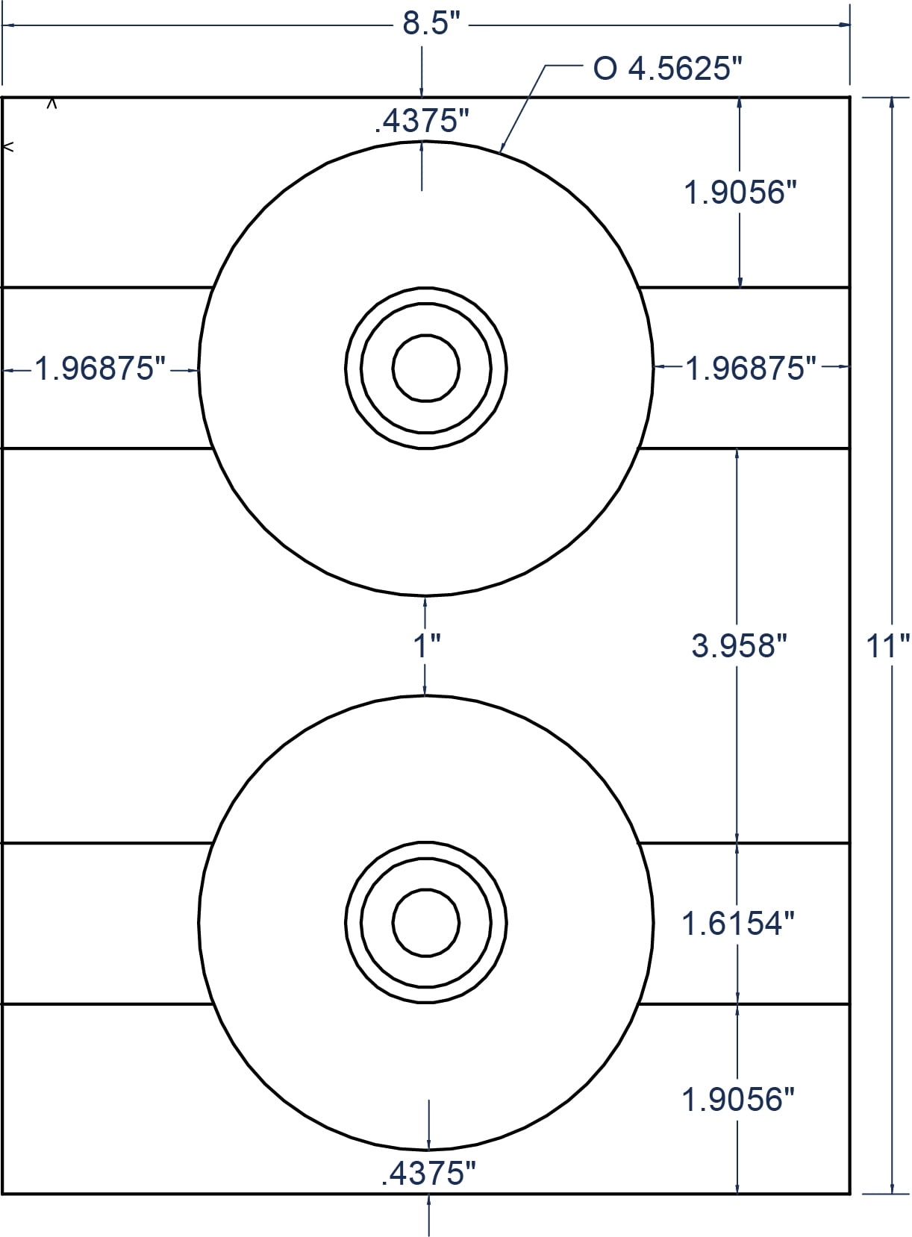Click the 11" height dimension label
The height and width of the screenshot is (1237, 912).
tap(887, 645)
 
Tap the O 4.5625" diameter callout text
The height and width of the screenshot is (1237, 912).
tap(668, 69)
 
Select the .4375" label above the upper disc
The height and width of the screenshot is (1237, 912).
tap(422, 121)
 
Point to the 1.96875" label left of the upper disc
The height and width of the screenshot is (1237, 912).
tap(100, 369)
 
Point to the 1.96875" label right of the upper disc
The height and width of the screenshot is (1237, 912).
tap(751, 369)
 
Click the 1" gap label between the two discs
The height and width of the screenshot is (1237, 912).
tap(427, 645)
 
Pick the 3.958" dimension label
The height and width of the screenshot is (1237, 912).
tap(739, 645)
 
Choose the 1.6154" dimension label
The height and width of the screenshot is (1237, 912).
tap(737, 924)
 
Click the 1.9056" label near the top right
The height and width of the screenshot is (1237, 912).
tap(740, 193)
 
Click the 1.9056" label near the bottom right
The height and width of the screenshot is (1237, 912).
tap(737, 1099)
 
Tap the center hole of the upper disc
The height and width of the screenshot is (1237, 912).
tap(426, 368)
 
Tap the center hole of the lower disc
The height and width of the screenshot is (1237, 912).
tap(426, 922)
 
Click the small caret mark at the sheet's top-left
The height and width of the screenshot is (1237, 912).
tap(51, 104)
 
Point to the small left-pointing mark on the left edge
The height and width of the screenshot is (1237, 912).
tap(9, 147)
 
